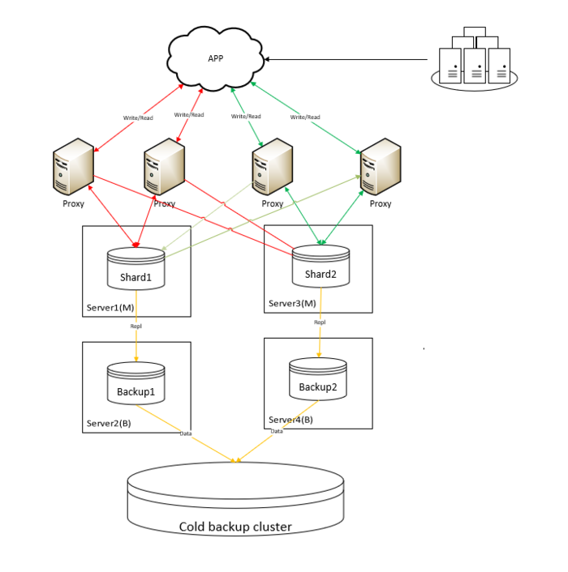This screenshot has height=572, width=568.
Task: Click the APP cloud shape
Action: pos(215,58)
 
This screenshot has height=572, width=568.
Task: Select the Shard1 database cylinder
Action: pos(136,271)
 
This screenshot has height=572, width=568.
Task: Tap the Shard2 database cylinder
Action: pos(321,267)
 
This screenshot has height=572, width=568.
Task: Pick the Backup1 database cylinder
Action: pos(136,384)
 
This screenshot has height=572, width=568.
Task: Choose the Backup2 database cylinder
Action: pos(318,380)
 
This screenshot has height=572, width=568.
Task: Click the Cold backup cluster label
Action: pos(235,527)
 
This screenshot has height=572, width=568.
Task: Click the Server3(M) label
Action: pos(290,305)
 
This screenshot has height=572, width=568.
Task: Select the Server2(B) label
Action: pos(108,424)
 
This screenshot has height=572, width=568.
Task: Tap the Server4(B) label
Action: pos(290,420)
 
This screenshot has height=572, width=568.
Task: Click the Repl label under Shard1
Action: pos(136,326)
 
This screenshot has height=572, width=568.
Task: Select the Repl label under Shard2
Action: pos(320,322)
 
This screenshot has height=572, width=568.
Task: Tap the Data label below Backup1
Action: pos(186,434)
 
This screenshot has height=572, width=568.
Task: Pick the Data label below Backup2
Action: pos(277,431)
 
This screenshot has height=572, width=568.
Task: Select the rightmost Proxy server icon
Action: pos(381,166)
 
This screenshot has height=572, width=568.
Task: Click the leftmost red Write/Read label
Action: pos(138,118)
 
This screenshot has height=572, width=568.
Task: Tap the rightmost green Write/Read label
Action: pos(305,117)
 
